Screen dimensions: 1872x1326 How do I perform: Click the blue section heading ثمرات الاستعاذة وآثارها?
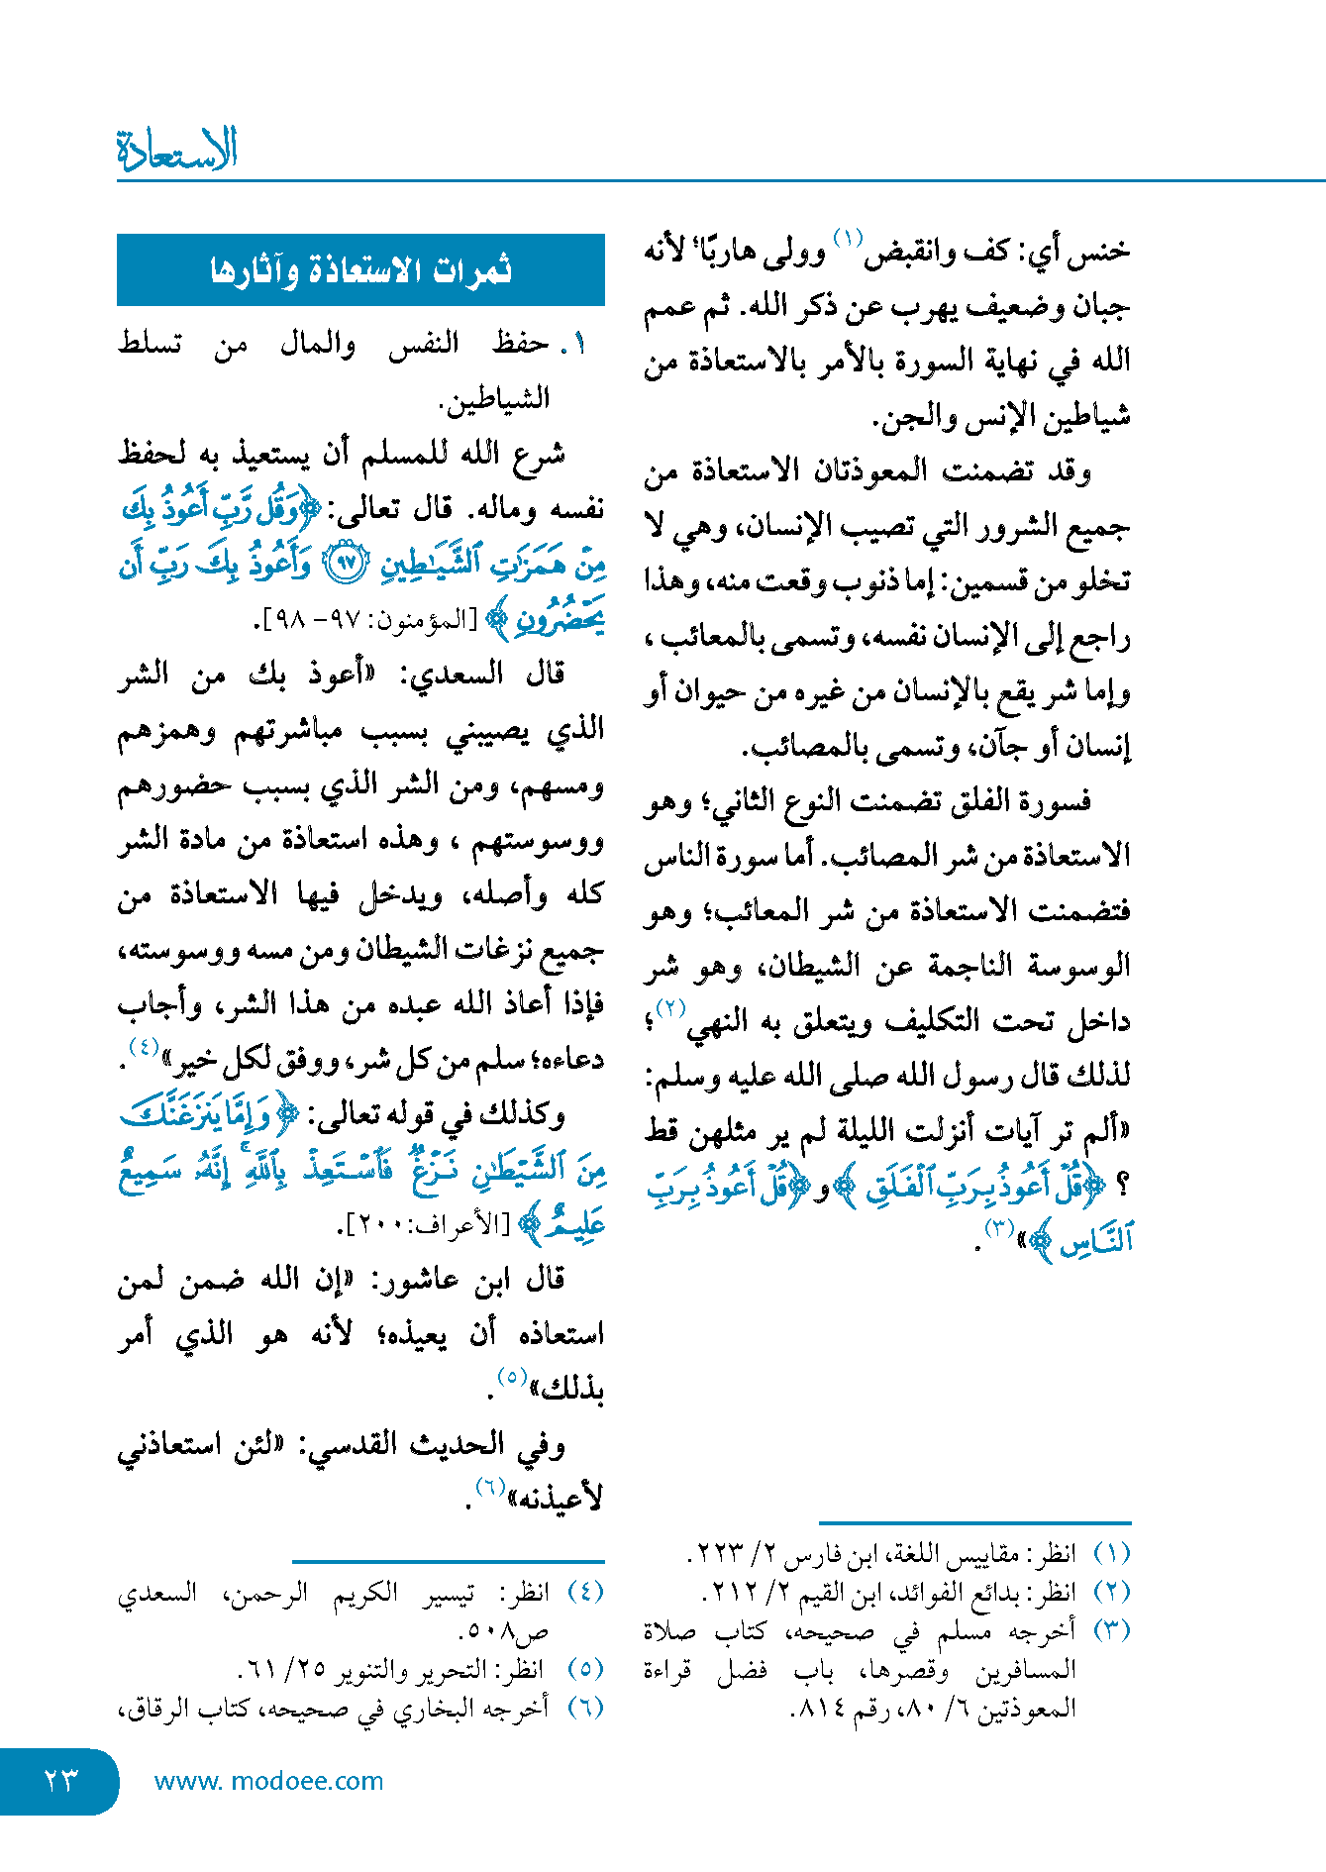click(x=360, y=269)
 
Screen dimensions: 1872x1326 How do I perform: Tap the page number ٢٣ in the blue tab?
click(x=60, y=1780)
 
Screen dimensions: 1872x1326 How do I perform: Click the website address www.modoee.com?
click(x=268, y=1781)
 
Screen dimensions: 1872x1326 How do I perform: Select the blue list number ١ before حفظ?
click(x=577, y=345)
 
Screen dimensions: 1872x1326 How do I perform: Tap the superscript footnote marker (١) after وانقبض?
click(x=848, y=239)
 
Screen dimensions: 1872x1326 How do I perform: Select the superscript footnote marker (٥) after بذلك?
click(x=511, y=1377)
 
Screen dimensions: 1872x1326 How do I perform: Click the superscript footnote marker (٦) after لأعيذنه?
click(x=490, y=1487)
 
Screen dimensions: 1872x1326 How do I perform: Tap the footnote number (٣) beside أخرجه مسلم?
click(x=1111, y=1630)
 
